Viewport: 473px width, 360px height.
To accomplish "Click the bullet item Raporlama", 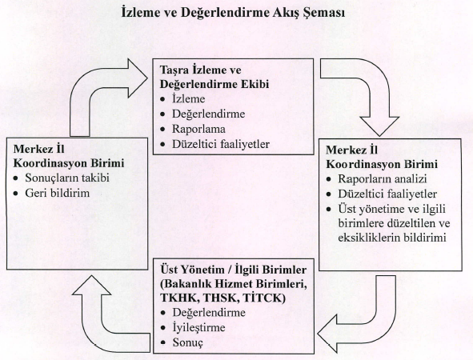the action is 198,129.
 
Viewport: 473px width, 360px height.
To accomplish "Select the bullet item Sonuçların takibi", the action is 67,178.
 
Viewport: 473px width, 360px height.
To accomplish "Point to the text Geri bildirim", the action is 58,193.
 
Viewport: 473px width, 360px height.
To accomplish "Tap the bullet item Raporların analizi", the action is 383,178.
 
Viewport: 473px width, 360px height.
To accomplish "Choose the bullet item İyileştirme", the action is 198,328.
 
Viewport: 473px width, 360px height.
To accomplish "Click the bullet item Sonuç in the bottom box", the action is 187,342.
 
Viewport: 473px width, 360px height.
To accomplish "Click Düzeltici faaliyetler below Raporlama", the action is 221,144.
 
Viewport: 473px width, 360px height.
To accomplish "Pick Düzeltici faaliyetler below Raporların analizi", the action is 387,194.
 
